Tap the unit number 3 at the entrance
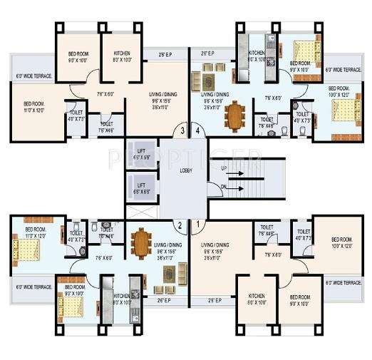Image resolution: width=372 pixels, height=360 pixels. click(182, 130)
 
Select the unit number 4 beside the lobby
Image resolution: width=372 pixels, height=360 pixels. click(197, 130)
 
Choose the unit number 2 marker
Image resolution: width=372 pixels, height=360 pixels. click(180, 226)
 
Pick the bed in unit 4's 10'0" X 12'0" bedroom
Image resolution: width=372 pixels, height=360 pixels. click(343, 111)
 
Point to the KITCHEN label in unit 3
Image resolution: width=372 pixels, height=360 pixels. click(118, 57)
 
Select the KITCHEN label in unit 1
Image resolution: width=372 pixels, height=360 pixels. click(257, 299)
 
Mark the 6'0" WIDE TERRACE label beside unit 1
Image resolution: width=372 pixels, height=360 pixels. click(343, 283)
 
